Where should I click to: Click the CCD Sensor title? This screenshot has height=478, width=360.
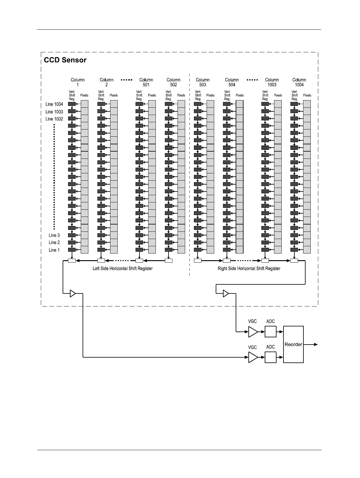point(65,60)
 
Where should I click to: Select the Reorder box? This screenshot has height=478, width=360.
point(293,344)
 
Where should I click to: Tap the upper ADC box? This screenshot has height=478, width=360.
point(270,332)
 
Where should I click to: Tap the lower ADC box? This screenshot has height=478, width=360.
point(270,357)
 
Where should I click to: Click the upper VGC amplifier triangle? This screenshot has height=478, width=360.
point(253,332)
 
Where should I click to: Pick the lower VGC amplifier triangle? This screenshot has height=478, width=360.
point(253,357)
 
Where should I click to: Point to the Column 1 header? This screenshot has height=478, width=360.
point(77,82)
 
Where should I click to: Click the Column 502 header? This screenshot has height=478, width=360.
point(173,82)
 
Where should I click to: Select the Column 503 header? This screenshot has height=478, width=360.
point(203,82)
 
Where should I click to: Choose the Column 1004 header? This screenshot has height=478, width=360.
point(299,82)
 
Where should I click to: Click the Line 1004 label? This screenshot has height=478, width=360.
point(54,104)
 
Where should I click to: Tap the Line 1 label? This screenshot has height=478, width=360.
point(54,250)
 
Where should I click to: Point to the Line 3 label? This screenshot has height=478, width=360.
point(54,235)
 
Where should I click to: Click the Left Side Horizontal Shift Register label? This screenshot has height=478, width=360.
point(123,269)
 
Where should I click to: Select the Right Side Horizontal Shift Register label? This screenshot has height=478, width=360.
point(249,269)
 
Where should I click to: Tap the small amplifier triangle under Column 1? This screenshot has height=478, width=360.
point(73,293)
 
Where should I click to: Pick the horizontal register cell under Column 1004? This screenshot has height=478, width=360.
point(294,260)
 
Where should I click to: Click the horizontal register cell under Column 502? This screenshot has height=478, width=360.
point(169,260)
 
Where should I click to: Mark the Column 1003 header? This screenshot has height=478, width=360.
point(272,82)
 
